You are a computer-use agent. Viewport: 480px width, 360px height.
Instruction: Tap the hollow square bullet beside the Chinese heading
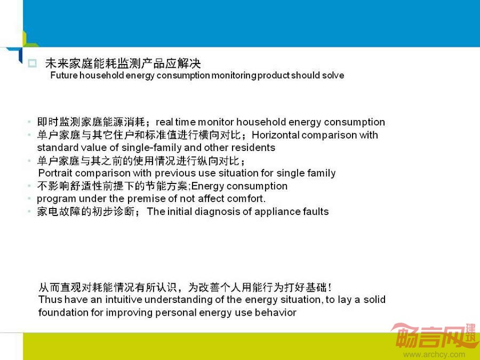coord(32,63)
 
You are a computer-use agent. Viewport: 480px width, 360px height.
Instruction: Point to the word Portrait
coord(55,173)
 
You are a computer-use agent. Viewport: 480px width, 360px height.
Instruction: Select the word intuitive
coord(123,299)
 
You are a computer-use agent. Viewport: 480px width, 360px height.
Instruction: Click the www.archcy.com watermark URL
coord(434,355)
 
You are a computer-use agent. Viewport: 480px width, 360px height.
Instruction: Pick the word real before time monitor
coord(164,122)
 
